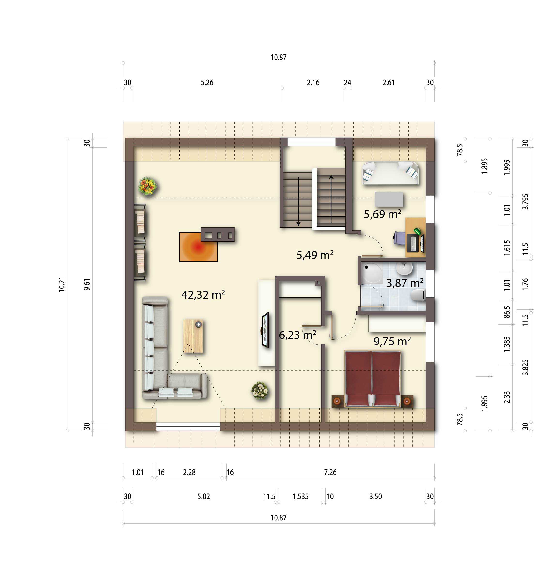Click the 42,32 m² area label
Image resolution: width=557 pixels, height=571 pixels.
click(x=203, y=294)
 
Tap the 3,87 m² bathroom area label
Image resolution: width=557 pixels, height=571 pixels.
click(x=405, y=283)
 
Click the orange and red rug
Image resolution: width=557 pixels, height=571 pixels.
click(x=198, y=247)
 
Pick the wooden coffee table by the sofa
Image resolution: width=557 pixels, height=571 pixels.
click(x=193, y=336)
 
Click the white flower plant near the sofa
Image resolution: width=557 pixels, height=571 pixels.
click(x=259, y=390)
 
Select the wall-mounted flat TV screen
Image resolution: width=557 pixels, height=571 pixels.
click(x=265, y=330)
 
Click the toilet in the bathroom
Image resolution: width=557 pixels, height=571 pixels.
click(x=418, y=295)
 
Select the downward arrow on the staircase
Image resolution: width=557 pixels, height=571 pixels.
click(x=298, y=202)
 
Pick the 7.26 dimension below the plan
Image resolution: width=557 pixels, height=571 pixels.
click(x=330, y=472)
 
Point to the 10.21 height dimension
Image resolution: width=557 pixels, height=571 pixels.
click(x=61, y=284)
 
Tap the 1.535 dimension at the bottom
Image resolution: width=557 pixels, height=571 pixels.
click(x=300, y=496)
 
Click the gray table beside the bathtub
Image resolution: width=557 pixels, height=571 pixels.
click(x=389, y=199)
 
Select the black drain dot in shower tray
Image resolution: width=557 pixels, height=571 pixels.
click(x=366, y=267)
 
